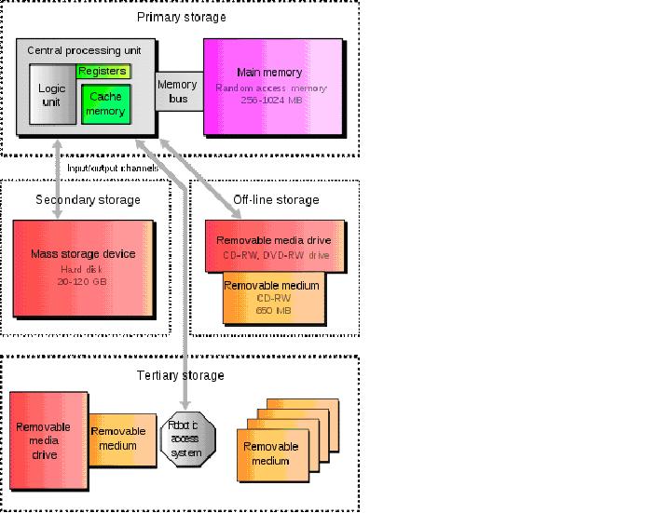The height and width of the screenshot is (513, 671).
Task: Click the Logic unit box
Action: pos(50,94)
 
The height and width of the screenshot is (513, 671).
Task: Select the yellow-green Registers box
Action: pos(103,72)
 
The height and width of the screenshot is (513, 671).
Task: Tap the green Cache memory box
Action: pos(106,103)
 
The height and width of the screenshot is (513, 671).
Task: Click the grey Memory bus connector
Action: pos(177,90)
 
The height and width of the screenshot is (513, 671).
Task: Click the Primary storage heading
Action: pos(181,17)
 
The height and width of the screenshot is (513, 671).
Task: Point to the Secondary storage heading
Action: pos(88,199)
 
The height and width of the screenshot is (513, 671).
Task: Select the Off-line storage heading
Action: pos(275,199)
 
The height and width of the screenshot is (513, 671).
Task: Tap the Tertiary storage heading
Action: pos(180,375)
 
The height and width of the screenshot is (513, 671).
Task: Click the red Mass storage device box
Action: pos(83,267)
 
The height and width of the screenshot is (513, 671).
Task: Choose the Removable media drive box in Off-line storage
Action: pos(274,246)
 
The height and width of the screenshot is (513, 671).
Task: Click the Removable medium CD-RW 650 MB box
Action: pos(273,297)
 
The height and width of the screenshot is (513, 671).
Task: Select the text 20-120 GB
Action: pos(83,280)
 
